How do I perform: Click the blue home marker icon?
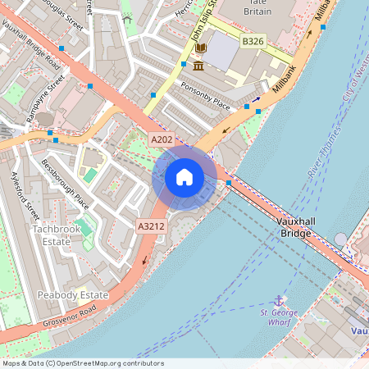(x=184, y=176)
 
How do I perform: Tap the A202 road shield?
(x=161, y=141)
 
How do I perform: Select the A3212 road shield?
(x=151, y=226)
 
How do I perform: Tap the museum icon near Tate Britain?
(x=200, y=63)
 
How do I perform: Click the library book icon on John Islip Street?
(x=200, y=48)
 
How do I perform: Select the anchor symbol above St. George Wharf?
(x=279, y=301)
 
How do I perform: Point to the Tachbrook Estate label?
(x=57, y=235)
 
